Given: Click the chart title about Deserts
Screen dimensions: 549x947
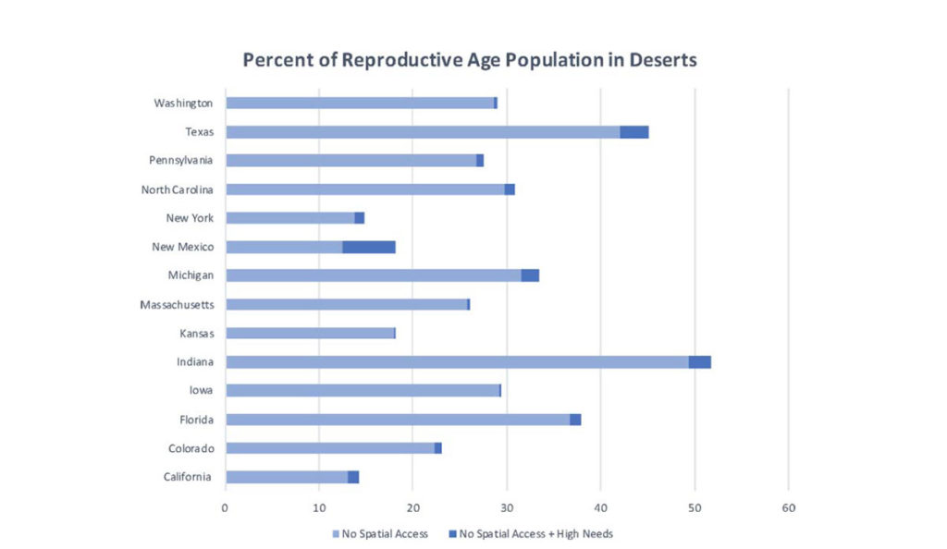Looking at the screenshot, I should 470,60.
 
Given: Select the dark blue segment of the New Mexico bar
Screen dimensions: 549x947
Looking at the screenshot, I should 369,247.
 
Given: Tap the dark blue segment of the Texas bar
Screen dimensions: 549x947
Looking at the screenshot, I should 634,131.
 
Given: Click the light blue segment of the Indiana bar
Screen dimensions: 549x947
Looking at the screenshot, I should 457,361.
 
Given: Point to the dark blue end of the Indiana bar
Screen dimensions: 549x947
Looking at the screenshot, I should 700,361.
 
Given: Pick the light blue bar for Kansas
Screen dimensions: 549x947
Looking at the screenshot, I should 310,333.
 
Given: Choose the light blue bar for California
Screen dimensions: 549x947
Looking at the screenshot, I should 287,477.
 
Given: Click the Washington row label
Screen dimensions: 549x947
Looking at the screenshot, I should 183,103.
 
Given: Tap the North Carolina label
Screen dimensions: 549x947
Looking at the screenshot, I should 178,189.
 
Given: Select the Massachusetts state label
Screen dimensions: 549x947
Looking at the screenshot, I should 177,304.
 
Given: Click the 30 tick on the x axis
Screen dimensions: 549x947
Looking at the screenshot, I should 507,507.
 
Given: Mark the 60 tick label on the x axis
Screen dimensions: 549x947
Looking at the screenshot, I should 788,507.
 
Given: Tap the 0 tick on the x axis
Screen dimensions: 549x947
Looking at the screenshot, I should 226,507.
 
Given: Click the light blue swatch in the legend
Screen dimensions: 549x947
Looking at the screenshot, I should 337,533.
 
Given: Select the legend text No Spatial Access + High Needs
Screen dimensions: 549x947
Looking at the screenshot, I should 536,533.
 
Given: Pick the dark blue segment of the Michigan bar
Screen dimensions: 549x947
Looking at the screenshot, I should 530,275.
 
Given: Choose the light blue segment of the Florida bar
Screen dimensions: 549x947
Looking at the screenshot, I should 398,420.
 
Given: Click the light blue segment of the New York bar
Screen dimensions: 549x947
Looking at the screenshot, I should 289,218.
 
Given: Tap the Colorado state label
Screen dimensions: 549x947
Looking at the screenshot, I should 191,448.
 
